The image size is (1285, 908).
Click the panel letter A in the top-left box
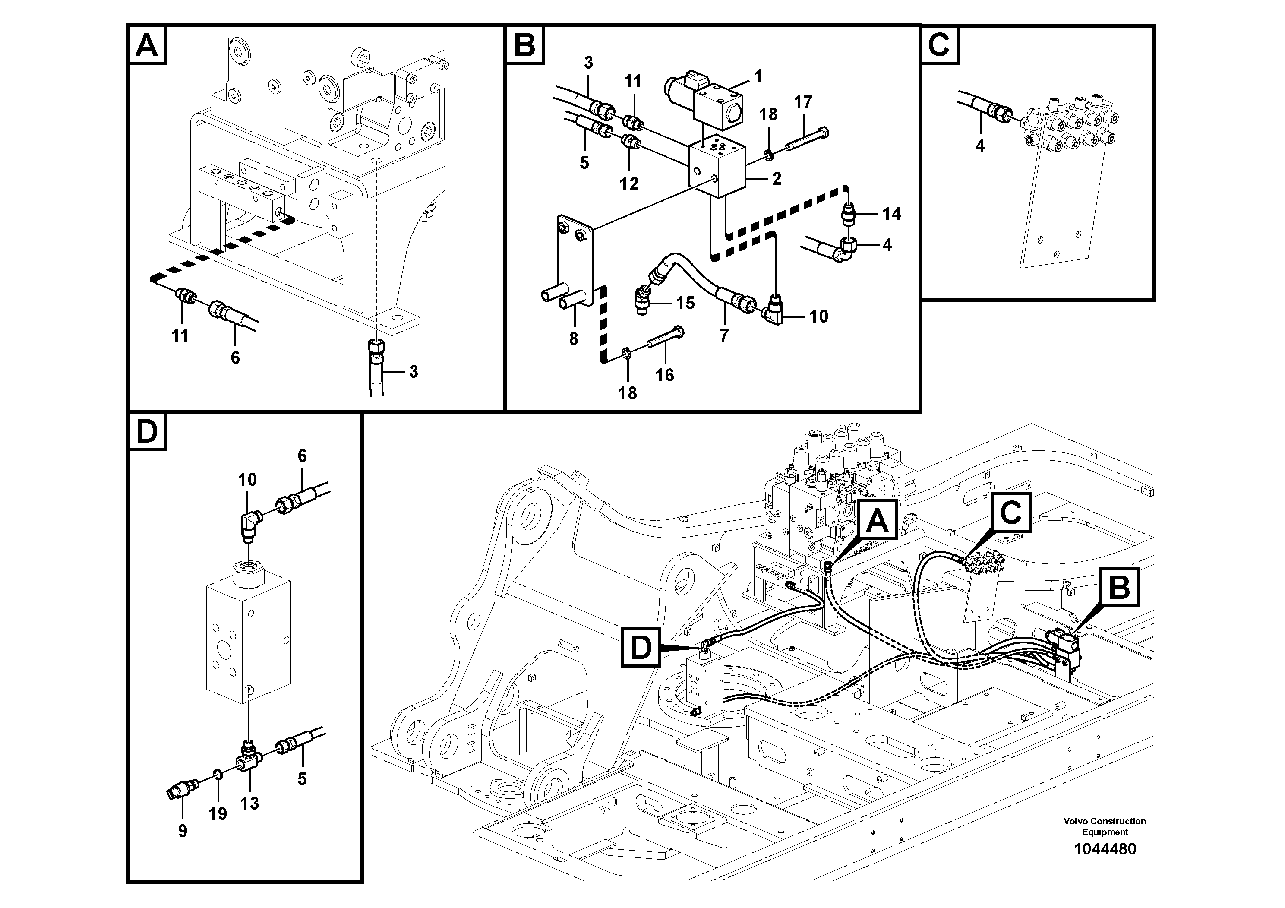point(147,45)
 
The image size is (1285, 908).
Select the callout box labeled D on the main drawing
point(641,648)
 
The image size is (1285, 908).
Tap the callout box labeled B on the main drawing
point(1119,588)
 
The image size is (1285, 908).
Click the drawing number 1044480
point(1105,849)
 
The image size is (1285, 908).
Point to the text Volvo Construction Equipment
point(1105,826)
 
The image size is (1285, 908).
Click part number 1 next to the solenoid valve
point(758,76)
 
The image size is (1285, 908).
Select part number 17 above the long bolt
point(802,102)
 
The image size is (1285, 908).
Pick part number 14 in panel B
point(891,213)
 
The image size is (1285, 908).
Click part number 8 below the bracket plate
point(574,338)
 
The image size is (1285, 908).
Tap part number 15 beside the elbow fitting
point(685,303)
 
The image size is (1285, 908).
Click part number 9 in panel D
point(183,831)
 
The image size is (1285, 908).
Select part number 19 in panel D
point(218,813)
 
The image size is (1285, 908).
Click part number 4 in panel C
point(979,146)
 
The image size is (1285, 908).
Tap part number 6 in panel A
point(235,357)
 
